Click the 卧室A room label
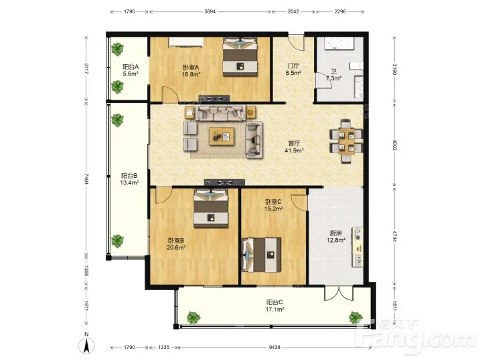point(191,68)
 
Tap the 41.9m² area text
point(294,150)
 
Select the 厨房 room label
point(335,233)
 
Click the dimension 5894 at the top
point(210,11)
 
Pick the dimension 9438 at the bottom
point(274,347)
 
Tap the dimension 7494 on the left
point(86,178)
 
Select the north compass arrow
point(86,346)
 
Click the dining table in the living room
point(347,141)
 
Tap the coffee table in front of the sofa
point(222,136)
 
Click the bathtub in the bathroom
point(335,43)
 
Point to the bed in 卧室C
point(261,255)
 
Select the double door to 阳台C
point(339,293)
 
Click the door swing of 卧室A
point(170,94)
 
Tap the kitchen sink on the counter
point(357,260)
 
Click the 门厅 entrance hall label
point(293,66)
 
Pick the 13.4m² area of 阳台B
point(129,183)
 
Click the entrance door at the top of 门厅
point(296,42)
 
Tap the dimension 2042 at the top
point(293,11)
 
